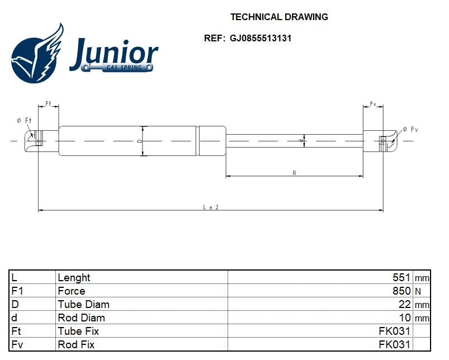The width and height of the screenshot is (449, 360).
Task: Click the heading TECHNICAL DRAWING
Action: [279, 17]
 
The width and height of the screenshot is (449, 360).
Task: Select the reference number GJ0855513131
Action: [260, 39]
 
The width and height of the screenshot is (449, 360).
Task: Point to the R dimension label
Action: [294, 173]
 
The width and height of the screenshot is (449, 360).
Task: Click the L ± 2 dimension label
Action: [210, 207]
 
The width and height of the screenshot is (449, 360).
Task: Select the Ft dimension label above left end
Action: [48, 104]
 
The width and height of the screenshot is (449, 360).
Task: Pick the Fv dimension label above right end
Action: [373, 104]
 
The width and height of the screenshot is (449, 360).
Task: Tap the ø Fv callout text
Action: [410, 129]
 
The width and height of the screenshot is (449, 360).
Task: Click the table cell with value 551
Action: [402, 278]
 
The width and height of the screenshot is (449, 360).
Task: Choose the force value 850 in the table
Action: [402, 291]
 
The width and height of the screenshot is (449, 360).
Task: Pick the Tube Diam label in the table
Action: [83, 305]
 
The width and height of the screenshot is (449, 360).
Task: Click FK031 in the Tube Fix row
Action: [394, 331]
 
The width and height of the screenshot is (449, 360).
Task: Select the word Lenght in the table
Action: [74, 278]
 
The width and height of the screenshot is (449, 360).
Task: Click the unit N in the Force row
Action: [418, 291]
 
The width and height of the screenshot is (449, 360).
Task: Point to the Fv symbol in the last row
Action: [17, 345]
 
